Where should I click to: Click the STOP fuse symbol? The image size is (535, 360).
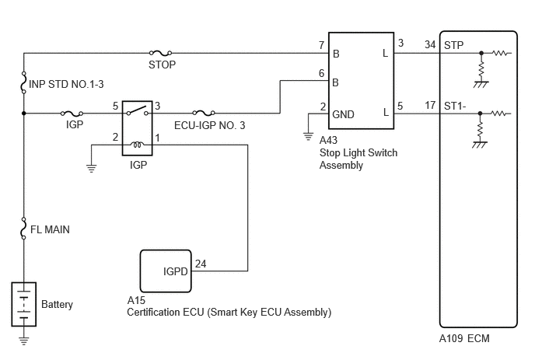tap(160, 53)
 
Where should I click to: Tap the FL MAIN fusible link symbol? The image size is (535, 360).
tap(23, 229)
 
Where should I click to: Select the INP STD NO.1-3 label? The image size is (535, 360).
tap(66, 84)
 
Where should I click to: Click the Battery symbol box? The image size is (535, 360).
tap(24, 304)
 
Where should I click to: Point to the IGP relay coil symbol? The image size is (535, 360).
tap(137, 145)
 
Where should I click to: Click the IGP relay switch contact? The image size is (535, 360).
tap(137, 110)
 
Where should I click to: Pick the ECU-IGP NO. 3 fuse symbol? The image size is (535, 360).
tap(204, 113)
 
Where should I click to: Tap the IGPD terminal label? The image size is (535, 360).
tap(176, 271)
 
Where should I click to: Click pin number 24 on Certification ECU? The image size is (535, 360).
tap(201, 264)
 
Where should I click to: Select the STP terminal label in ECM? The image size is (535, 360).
tap(454, 45)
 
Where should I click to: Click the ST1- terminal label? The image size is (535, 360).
tap(455, 106)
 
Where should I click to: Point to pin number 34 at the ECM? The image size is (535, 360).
tap(430, 44)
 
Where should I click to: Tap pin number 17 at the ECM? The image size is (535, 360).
tap(430, 105)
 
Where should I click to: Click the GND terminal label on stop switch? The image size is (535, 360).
tap(343, 114)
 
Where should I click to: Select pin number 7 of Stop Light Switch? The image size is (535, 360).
tap(321, 45)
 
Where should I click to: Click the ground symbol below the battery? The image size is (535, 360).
tap(23, 341)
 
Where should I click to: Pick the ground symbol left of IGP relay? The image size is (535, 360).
tap(91, 168)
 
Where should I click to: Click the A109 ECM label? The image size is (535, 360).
tap(464, 338)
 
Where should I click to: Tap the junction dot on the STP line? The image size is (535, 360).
tap(481, 53)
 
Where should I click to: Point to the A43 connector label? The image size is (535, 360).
tap(328, 140)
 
